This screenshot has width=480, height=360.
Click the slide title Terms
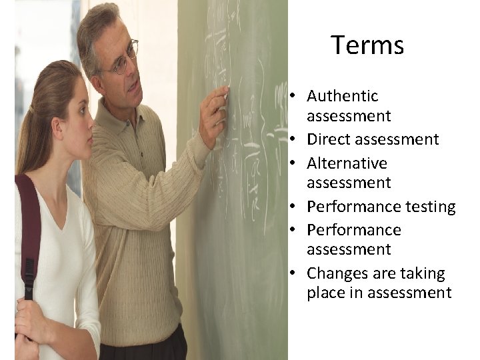pyautogui.click(x=367, y=45)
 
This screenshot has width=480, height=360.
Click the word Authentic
pyautogui.click(x=342, y=97)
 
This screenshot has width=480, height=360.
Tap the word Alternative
pyautogui.click(x=347, y=163)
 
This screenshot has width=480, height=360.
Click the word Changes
pyautogui.click(x=337, y=274)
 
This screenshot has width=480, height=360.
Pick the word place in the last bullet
pyautogui.click(x=325, y=293)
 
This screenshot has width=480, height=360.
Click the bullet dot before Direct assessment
pyautogui.click(x=293, y=140)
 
